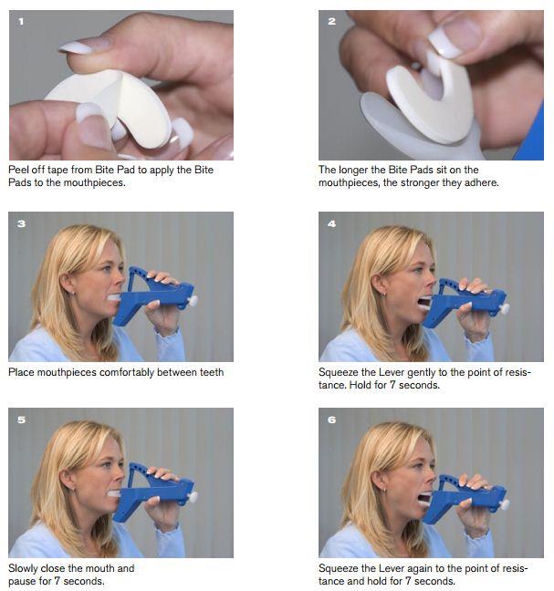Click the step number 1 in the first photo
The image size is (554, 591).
pos(21,22)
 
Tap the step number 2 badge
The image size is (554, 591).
pos(332,22)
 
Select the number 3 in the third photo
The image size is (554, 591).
pos(22,223)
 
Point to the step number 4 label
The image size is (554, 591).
pos(332,223)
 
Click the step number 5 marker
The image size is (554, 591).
pos(22,420)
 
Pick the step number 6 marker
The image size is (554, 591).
pos(332,420)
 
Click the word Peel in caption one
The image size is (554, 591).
pos(18,170)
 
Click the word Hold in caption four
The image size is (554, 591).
pos(361,385)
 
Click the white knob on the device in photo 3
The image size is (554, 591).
pos(193,301)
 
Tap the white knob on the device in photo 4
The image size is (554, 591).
pos(504,308)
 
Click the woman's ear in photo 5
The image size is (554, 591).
pos(68,477)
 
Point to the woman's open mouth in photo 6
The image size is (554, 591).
pos(423,498)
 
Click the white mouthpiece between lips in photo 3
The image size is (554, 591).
pos(114,297)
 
